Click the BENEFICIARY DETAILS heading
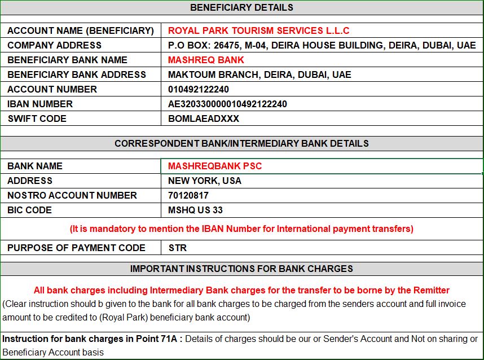coord(241,8)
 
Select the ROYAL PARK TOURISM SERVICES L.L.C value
coord(258,30)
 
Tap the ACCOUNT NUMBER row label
coord(52,89)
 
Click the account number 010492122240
coord(199,89)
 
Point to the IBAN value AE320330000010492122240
coord(227,104)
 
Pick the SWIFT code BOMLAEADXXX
coord(204,118)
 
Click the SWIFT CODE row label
coord(37,118)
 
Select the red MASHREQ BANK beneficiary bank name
coord(206,60)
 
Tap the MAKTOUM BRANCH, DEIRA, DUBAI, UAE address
coord(259,74)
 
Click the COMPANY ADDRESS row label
coord(54,45)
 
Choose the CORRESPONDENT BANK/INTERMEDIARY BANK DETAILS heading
coord(241,143)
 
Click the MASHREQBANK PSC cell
coord(215,166)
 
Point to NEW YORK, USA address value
coord(204,181)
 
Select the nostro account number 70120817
coord(188,195)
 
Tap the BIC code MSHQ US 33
coord(195,210)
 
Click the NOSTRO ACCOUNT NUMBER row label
coord(72,195)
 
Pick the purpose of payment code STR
coord(177,248)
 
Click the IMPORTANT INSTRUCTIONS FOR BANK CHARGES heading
coord(241,269)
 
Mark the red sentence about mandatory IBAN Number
coord(241,229)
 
